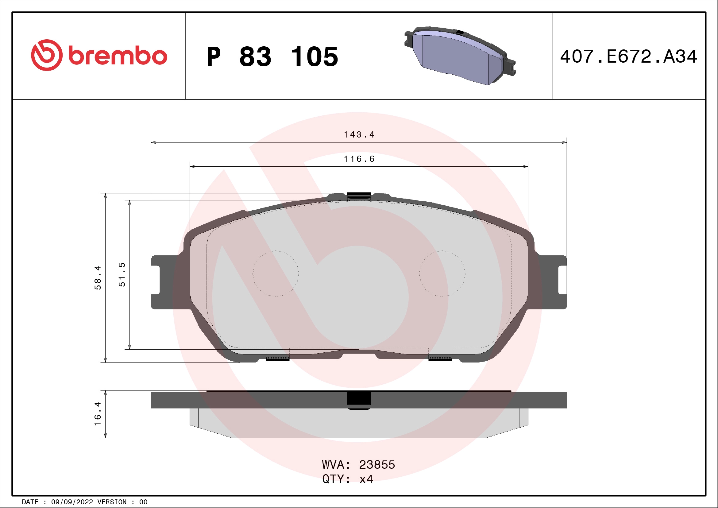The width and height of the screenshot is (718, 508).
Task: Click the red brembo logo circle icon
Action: (47, 55)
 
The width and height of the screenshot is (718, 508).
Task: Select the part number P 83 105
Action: (272, 56)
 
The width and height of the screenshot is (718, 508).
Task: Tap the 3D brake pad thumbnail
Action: (460, 56)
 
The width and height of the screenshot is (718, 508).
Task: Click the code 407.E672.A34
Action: (629, 56)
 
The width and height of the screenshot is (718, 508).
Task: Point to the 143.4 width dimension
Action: (359, 135)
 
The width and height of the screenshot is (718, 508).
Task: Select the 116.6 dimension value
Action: (359, 159)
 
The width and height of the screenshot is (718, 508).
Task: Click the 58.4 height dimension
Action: (98, 277)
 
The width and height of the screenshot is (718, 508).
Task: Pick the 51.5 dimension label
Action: (122, 274)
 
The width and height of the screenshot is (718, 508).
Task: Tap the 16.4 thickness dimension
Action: (98, 414)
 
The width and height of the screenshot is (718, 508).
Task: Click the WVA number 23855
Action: (377, 465)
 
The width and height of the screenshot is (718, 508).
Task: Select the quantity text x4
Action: (366, 479)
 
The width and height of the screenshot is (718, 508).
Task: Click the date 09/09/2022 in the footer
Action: (72, 502)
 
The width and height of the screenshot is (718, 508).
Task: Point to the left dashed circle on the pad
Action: (276, 273)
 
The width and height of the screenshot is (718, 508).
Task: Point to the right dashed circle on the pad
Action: (442, 273)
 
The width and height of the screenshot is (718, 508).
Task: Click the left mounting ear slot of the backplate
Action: (156, 280)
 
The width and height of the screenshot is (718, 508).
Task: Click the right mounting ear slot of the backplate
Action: (562, 280)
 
